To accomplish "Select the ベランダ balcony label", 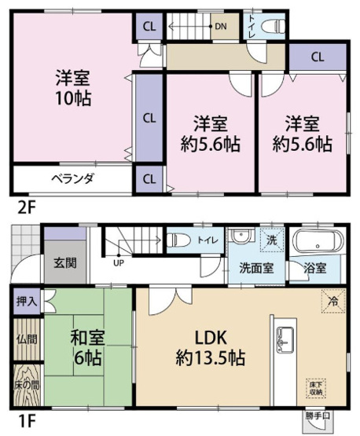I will (x=72, y=178).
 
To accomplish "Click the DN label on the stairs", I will (x=221, y=27).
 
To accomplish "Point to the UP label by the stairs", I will (x=118, y=262).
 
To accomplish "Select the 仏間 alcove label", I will (x=26, y=339).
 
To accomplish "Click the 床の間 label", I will (x=26, y=386).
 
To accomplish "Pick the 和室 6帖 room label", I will (x=89, y=347).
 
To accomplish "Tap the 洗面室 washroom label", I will (x=257, y=267).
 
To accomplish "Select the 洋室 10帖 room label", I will (x=72, y=89).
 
